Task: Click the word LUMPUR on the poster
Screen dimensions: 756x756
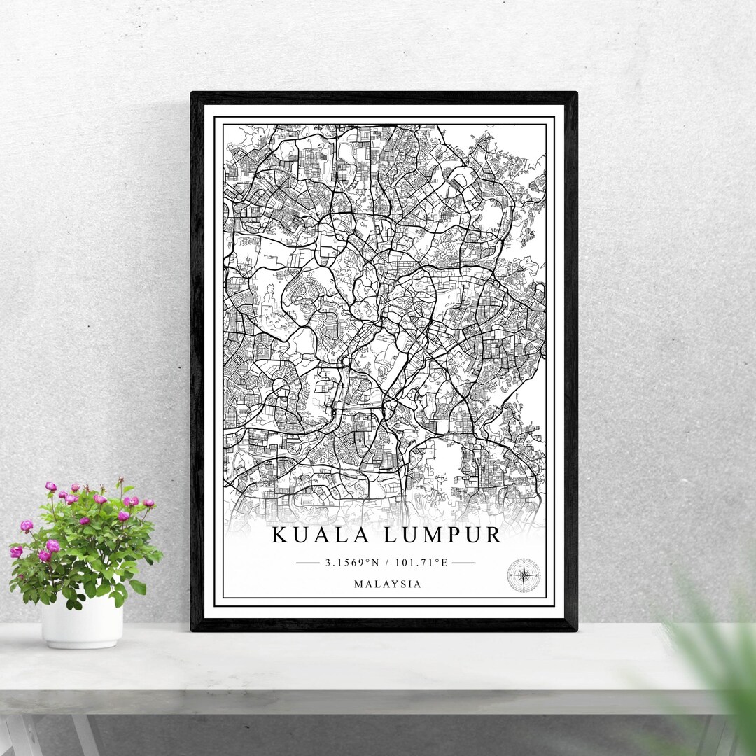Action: click(442, 535)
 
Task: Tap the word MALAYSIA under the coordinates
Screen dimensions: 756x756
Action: click(388, 584)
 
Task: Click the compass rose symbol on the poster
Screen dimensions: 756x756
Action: click(523, 575)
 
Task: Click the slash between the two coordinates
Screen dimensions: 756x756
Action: click(390, 562)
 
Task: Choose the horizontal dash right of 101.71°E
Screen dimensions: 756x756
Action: click(464, 562)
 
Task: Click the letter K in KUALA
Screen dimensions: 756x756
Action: click(279, 535)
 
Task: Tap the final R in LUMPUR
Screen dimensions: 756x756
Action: click(493, 535)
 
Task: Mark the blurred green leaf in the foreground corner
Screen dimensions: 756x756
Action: click(721, 672)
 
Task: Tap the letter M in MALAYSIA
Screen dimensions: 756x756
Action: click(359, 584)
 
